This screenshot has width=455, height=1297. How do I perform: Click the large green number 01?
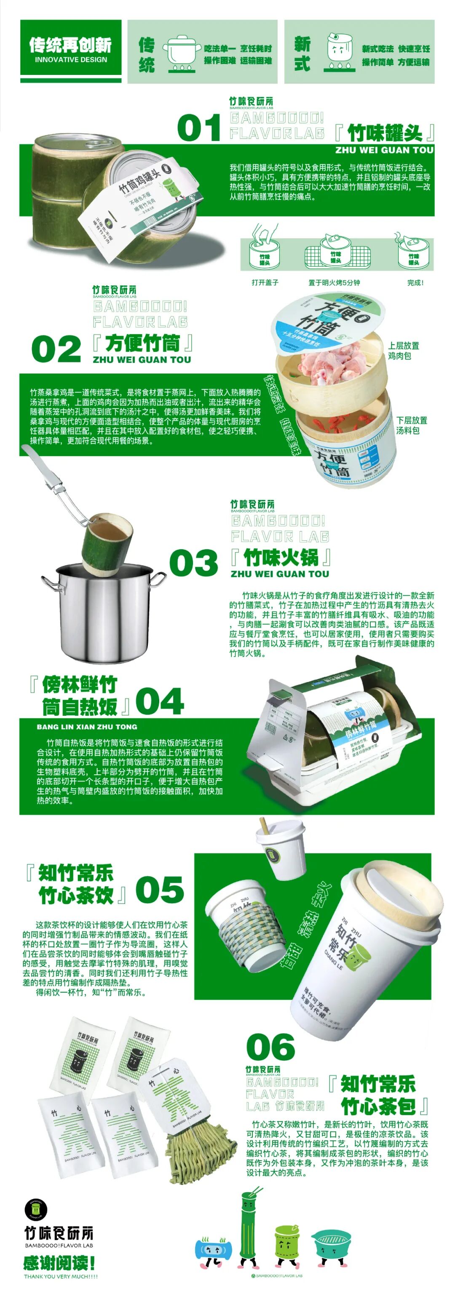pos(199,128)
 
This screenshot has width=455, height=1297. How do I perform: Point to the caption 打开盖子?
pos(265,282)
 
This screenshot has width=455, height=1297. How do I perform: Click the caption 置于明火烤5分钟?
pos(334,282)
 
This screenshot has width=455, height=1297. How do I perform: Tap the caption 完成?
pos(415,282)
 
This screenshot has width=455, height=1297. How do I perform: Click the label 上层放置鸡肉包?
pos(403,351)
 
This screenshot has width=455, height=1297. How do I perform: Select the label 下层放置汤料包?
pos(411,425)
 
